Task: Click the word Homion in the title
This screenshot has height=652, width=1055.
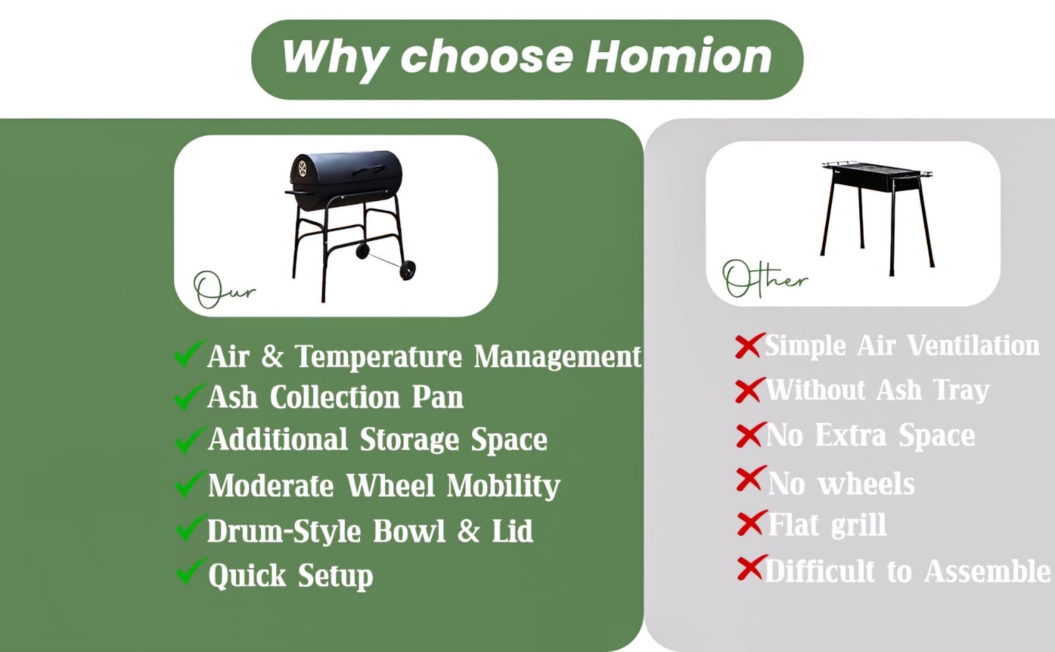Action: point(678,57)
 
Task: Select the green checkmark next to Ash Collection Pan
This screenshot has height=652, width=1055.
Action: point(189,396)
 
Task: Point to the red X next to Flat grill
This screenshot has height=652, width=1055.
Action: point(752,523)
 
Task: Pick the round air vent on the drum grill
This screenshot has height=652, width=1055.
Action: point(302,169)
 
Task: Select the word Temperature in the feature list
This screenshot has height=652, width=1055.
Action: point(378,357)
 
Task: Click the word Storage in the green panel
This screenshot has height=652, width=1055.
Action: point(409,440)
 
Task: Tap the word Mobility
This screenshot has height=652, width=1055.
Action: point(504,486)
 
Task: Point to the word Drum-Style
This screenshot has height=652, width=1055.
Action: point(284,531)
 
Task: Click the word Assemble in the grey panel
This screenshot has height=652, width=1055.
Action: point(987,571)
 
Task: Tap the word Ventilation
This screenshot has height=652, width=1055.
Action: point(973,345)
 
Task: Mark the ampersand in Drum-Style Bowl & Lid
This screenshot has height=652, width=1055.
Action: point(468,531)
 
